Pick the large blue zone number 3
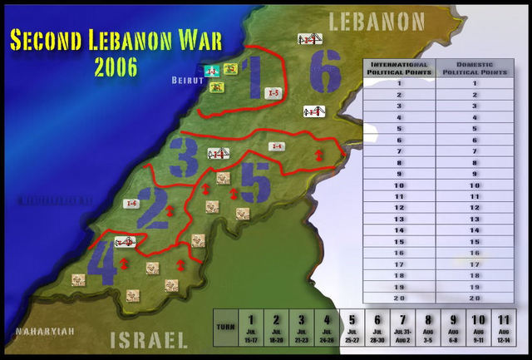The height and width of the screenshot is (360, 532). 184,153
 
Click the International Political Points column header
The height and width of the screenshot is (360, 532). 399,68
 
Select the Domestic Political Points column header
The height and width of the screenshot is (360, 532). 474,68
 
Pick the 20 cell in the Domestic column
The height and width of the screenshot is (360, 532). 474,297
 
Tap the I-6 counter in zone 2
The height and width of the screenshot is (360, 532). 130,203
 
